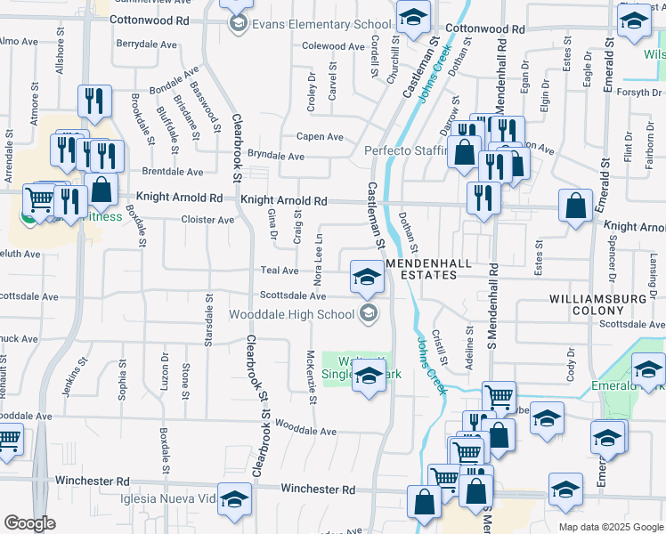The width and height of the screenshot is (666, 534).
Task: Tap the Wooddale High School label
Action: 291,313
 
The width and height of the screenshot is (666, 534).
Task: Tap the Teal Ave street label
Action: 280,271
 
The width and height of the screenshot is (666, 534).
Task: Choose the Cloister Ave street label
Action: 207,220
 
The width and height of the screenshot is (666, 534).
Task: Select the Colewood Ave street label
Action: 334,46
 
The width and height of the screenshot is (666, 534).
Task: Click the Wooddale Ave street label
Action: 305,432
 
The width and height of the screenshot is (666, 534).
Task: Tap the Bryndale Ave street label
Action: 276,156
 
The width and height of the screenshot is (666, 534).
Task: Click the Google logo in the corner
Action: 29,523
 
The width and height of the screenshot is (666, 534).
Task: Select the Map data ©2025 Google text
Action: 610,527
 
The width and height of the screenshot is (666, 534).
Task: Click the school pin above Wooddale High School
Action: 366,277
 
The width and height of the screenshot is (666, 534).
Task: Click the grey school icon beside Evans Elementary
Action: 237,24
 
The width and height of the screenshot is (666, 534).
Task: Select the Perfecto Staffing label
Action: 406,150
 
